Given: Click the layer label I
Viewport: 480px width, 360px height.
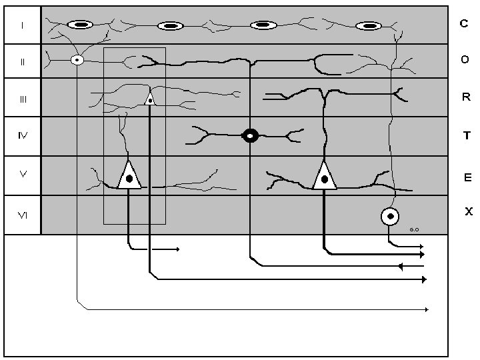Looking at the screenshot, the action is pyautogui.click(x=23, y=25).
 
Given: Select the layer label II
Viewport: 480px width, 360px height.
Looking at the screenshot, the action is pyautogui.click(x=23, y=62).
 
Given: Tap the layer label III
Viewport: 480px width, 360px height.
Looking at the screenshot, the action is pyautogui.click(x=23, y=99).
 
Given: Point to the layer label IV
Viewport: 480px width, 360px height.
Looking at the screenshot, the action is pyautogui.click(x=23, y=135).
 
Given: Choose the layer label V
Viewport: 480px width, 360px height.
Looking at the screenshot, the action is pyautogui.click(x=23, y=174).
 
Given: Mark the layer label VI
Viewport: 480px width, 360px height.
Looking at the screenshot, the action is pyautogui.click(x=23, y=215).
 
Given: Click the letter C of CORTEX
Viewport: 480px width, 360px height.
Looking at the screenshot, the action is pyautogui.click(x=464, y=23).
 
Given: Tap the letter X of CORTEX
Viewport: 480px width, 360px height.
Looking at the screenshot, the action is pyautogui.click(x=469, y=211).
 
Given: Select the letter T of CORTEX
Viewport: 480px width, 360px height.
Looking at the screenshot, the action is pyautogui.click(x=467, y=135).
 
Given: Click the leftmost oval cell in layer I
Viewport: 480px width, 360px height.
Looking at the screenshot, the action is pyautogui.click(x=80, y=25).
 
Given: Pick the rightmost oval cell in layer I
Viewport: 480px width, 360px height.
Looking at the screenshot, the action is pyautogui.click(x=369, y=26).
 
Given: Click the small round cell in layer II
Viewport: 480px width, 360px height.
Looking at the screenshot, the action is pyautogui.click(x=77, y=60).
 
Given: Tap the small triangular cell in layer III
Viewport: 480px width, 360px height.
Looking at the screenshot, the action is pyautogui.click(x=150, y=99).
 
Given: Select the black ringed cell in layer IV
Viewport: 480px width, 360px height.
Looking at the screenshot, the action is pyautogui.click(x=250, y=135).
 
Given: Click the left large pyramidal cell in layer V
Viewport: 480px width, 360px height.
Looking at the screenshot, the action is pyautogui.click(x=129, y=175).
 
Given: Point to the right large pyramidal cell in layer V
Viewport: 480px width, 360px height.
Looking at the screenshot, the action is pyautogui.click(x=325, y=176).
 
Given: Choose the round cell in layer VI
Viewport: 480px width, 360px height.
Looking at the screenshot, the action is pyautogui.click(x=390, y=217).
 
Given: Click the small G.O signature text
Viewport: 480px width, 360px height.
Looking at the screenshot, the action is pyautogui.click(x=414, y=229).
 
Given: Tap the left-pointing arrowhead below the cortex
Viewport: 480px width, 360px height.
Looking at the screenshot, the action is pyautogui.click(x=400, y=266).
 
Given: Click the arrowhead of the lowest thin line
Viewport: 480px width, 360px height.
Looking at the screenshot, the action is pyautogui.click(x=427, y=310).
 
